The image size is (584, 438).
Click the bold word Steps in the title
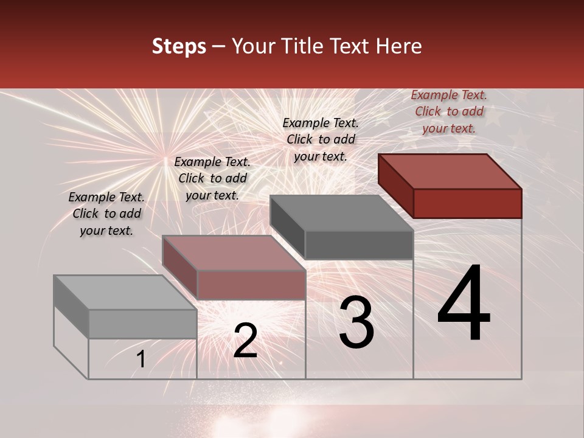click(x=179, y=46)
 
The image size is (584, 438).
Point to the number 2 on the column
click(x=245, y=341)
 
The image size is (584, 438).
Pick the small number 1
click(x=141, y=360)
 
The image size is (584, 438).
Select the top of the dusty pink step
click(x=234, y=253)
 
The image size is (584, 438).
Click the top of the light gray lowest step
click(x=125, y=293)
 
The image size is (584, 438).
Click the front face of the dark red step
click(x=467, y=203)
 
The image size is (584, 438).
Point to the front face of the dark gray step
click(x=359, y=245)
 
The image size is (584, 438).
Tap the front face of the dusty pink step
click(x=251, y=285)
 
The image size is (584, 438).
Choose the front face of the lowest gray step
click(x=143, y=324)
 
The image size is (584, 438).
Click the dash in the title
click(x=218, y=47)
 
